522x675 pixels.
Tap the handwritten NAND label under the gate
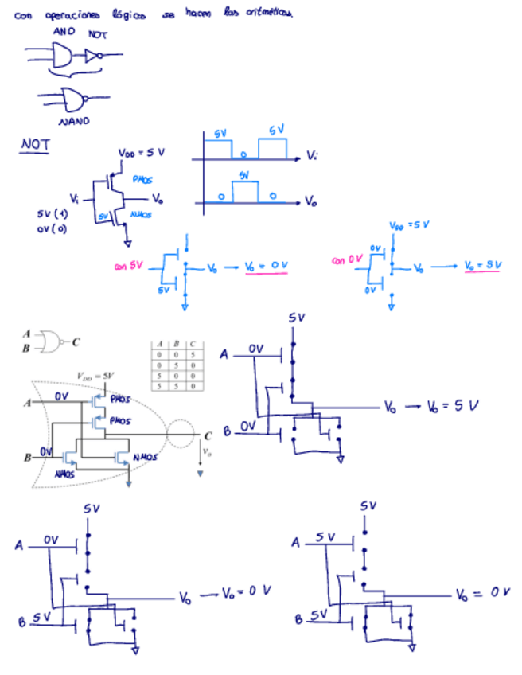click(x=74, y=121)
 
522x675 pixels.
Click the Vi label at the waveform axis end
click(x=313, y=158)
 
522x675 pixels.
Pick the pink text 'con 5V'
click(x=128, y=267)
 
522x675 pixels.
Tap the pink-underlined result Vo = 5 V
click(x=482, y=265)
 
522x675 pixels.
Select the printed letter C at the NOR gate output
click(x=208, y=435)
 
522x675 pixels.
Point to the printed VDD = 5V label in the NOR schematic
click(x=95, y=375)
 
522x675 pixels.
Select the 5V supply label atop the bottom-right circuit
click(x=368, y=505)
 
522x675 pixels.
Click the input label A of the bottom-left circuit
click(x=19, y=545)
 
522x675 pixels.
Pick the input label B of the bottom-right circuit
click(x=299, y=618)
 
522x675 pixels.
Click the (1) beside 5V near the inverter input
click(x=61, y=214)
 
